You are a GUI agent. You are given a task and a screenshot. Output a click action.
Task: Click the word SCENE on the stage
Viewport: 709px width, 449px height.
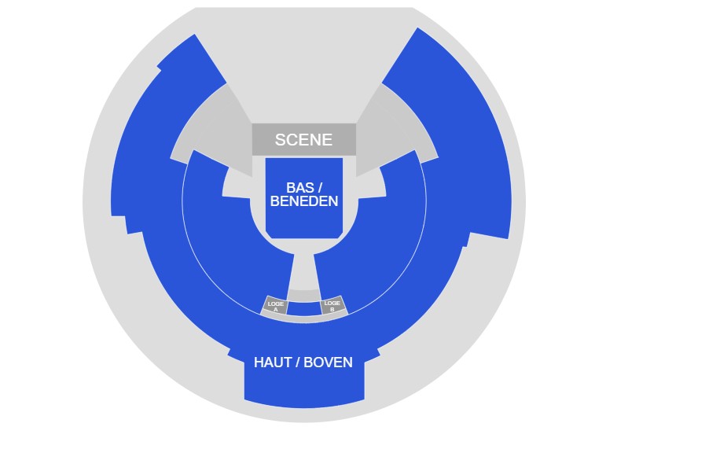click(303, 140)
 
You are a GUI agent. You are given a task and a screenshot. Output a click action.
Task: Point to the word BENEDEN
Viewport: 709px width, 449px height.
click(304, 201)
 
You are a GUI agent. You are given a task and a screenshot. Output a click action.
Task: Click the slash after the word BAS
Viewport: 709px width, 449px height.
click(320, 188)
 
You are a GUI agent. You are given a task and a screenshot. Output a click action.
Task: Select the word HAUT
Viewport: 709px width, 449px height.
click(272, 363)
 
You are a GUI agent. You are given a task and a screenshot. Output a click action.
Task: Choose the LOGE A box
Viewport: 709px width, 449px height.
click(275, 306)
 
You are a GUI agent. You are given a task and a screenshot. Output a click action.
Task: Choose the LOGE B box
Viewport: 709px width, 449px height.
click(332, 306)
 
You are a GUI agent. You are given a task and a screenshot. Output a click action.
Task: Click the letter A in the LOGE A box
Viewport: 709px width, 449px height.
click(276, 310)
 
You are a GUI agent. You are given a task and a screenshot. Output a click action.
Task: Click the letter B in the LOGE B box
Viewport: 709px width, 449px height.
click(332, 309)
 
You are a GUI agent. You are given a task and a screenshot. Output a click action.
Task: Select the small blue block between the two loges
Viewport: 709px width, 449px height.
click(304, 308)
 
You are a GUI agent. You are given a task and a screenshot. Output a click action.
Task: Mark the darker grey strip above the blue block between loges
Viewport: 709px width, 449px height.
click(304, 295)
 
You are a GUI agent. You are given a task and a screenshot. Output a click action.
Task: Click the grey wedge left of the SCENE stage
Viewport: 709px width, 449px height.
click(208, 130)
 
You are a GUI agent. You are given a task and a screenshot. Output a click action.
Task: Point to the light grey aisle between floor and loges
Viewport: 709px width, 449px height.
click(304, 271)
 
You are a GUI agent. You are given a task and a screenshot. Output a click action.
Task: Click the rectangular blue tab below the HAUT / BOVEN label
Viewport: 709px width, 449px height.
click(304, 389)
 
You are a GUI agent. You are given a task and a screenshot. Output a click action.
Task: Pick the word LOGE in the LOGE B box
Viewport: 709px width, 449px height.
click(332, 303)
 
